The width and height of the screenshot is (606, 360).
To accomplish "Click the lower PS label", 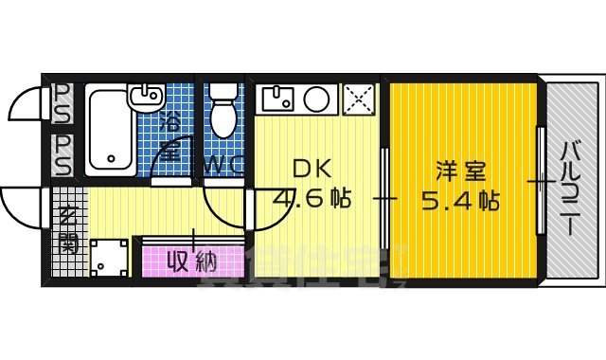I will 63,154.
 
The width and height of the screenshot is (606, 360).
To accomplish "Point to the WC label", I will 222,164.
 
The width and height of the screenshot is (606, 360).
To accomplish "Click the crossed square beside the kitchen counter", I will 360,98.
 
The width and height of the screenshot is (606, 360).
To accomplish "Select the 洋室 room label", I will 461,172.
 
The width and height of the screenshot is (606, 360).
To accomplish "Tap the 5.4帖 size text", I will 462,201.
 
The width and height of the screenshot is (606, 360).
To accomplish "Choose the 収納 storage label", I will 192,259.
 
